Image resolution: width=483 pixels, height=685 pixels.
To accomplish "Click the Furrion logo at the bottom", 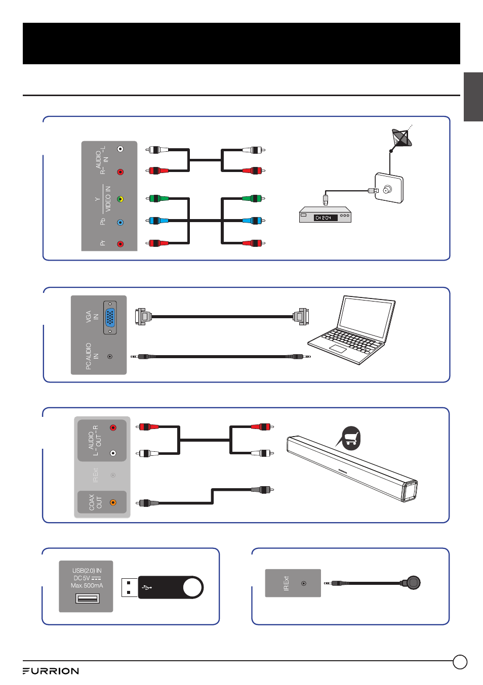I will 51,671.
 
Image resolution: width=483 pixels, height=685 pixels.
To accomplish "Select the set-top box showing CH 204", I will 325,215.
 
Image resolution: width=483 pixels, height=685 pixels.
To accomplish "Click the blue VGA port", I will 110,318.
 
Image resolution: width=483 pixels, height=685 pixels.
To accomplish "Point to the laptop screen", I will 366,318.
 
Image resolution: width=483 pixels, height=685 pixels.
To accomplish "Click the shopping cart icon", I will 351,438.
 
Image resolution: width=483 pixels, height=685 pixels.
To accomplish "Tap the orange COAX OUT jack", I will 113,502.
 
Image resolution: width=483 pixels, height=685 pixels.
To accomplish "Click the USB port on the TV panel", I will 87,598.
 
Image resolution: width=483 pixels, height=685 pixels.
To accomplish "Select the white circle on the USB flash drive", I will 192,587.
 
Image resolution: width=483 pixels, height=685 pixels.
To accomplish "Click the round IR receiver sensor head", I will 413,583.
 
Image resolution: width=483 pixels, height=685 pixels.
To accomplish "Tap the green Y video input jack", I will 120,199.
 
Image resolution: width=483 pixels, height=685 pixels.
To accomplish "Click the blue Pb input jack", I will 120,222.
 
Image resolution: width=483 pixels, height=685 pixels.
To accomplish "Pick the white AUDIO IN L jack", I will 120,149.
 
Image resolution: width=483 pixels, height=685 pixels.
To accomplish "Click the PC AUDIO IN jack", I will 110,357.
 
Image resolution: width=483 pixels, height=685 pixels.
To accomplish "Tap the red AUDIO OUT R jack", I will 113,427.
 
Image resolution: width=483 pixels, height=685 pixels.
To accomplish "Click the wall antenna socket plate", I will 389,188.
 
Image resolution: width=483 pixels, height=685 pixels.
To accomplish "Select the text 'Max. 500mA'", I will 87,585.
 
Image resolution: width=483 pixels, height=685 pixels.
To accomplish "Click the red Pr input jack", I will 120,244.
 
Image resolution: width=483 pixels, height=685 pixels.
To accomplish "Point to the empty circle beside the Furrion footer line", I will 460,662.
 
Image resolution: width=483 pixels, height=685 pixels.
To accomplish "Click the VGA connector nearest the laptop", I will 301,317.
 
